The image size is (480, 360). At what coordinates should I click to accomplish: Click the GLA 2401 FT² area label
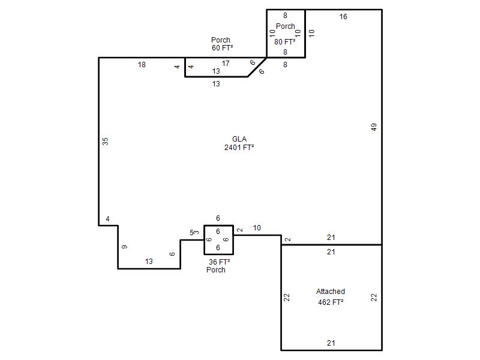click(x=239, y=143)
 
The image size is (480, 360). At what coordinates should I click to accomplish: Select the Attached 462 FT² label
click(x=331, y=296)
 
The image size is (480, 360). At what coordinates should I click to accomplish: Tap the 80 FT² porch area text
click(x=284, y=41)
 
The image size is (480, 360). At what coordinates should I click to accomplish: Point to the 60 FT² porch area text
click(x=222, y=48)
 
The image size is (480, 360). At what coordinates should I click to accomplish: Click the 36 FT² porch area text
click(x=219, y=262)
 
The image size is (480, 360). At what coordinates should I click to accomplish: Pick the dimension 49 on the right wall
click(x=374, y=127)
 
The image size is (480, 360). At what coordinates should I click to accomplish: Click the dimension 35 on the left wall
click(x=105, y=141)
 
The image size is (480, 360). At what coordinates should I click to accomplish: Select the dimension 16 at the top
click(x=343, y=17)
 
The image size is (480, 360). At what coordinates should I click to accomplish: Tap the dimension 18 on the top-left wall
click(x=142, y=65)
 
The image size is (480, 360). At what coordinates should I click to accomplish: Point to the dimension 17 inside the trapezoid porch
click(x=226, y=64)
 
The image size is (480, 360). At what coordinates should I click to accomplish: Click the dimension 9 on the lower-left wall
click(x=124, y=247)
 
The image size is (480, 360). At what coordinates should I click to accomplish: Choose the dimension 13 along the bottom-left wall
click(x=149, y=262)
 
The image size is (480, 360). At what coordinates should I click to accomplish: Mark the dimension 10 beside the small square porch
click(x=257, y=228)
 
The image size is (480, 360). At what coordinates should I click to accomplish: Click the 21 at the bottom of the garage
click(x=331, y=343)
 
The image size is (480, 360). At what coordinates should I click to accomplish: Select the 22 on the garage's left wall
click(x=287, y=297)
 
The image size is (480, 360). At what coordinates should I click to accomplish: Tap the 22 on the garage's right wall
click(x=374, y=297)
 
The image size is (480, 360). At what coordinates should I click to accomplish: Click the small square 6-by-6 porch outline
click(x=204, y=240)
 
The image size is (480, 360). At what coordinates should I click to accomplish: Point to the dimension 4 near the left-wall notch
click(x=107, y=219)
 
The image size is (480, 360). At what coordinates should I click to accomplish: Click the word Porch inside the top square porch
click(x=286, y=26)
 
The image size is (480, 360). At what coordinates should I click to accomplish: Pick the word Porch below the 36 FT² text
click(x=216, y=269)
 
